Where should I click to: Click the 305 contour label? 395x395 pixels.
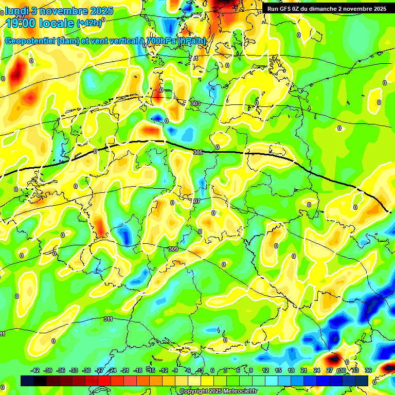pyautogui.click(x=199, y=152)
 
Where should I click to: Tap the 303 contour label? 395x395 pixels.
pyautogui.click(x=195, y=103)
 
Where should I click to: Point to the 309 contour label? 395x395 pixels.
pyautogui.click(x=173, y=249)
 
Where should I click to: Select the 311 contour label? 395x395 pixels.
pyautogui.click(x=108, y=319)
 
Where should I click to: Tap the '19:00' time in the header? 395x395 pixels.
pyautogui.click(x=23, y=23)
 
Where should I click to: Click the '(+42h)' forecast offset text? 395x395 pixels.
pyautogui.click(x=88, y=23)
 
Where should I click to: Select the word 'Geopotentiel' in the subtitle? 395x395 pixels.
pyautogui.click(x=30, y=41)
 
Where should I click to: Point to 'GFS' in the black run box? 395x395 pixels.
pyautogui.click(x=288, y=9)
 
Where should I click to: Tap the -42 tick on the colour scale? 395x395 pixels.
pyautogui.click(x=35, y=370)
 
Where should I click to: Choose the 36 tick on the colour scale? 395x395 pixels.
pyautogui.click(x=368, y=370)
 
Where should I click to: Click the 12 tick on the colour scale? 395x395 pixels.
pyautogui.click(x=265, y=370)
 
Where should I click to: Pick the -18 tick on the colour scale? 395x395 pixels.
pyautogui.click(x=138, y=370)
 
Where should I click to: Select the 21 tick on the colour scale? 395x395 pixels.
pyautogui.click(x=303, y=370)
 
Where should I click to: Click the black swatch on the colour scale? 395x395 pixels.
pyautogui.click(x=40, y=381)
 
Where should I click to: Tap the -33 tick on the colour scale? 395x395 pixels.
pyautogui.click(x=74, y=370)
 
